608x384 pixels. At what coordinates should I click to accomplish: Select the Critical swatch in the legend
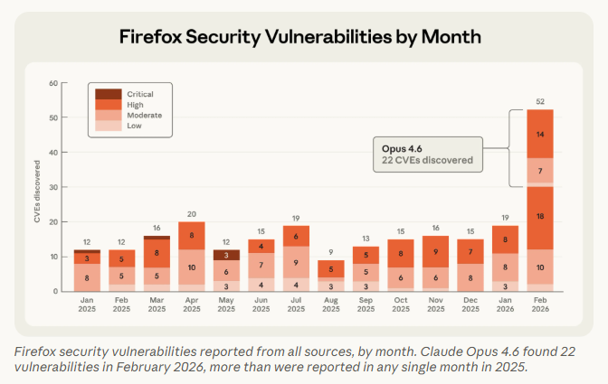coord(109,94)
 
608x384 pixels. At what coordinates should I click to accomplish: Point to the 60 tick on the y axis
coord(53,83)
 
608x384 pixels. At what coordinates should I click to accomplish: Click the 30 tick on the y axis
coord(53,187)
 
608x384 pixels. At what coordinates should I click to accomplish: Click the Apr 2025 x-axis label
coord(191,305)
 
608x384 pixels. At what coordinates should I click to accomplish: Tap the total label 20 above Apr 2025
coord(191,214)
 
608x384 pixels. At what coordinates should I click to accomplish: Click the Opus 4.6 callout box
coord(428,154)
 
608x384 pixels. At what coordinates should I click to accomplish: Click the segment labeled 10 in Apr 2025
coord(191,267)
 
